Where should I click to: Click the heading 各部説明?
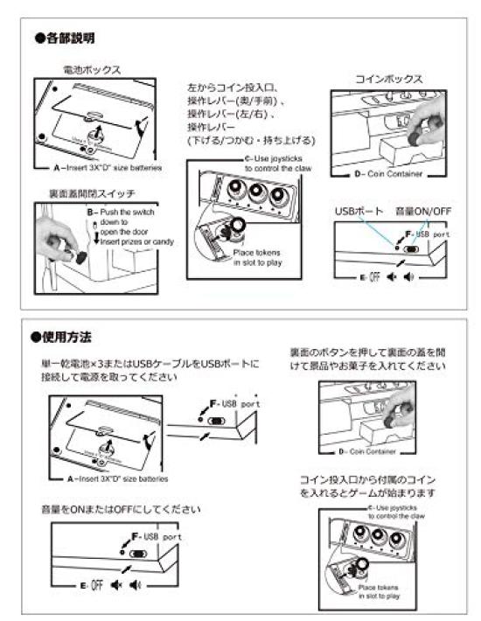65,38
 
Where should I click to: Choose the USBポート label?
359,212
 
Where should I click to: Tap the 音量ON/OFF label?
422,212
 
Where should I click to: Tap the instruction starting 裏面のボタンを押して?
368,360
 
